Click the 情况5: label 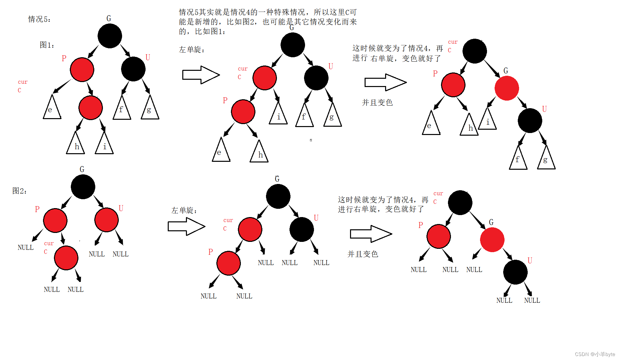pyautogui.click(x=39, y=19)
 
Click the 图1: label pyautogui.click(x=47, y=45)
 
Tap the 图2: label pyautogui.click(x=20, y=191)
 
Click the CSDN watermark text pyautogui.click(x=595, y=354)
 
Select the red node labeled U pyautogui.click(x=107, y=220)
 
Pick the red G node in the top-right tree pyautogui.click(x=507, y=88)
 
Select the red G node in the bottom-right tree pyautogui.click(x=492, y=240)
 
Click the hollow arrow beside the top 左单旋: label pyautogui.click(x=201, y=75)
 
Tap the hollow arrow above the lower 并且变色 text pyautogui.click(x=371, y=234)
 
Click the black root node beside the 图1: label pyautogui.click(x=110, y=36)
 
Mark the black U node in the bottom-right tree pyautogui.click(x=515, y=272)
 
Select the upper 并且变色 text pyautogui.click(x=377, y=103)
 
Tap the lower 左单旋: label pyautogui.click(x=184, y=210)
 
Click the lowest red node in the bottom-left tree pyautogui.click(x=66, y=258)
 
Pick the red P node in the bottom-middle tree pyautogui.click(x=229, y=263)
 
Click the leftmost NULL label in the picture pyautogui.click(x=25, y=247)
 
